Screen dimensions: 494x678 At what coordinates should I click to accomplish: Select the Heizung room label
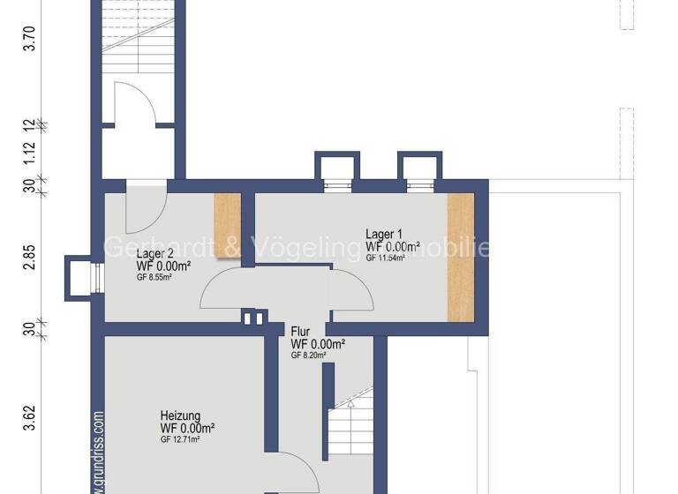click(x=180, y=415)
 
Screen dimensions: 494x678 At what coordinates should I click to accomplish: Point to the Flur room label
click(x=301, y=333)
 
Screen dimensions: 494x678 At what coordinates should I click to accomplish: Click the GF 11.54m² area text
click(x=385, y=258)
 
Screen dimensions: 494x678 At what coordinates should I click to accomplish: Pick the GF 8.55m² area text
click(x=154, y=277)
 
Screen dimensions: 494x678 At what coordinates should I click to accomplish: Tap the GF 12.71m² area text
click(x=180, y=438)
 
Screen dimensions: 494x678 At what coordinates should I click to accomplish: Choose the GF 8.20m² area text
click(x=309, y=356)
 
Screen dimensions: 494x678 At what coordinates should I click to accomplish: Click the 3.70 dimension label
click(x=29, y=41)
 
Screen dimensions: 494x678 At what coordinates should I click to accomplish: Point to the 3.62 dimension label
click(x=29, y=417)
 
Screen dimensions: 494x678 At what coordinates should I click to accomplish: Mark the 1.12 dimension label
click(x=29, y=153)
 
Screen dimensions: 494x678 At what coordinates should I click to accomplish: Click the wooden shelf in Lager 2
click(x=228, y=224)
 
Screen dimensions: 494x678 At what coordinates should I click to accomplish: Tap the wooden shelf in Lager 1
click(x=460, y=256)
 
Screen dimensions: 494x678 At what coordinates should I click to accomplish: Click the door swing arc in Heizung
click(x=300, y=472)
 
